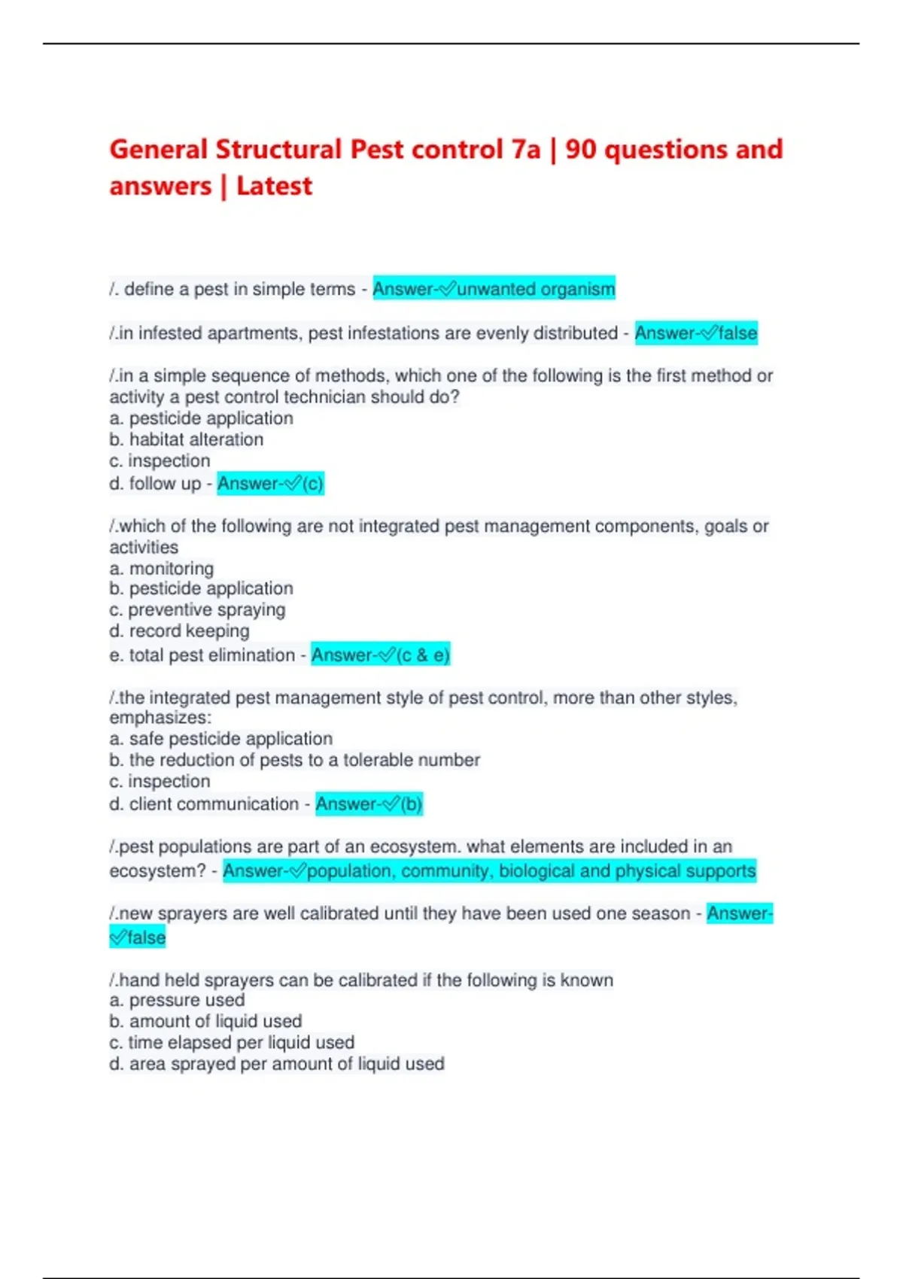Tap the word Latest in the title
(274, 186)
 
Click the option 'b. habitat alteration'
(187, 439)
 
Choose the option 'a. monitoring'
(162, 568)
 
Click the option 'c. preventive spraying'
(197, 609)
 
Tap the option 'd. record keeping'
(179, 630)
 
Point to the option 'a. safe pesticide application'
(220, 739)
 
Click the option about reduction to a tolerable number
(294, 760)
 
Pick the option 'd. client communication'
(204, 804)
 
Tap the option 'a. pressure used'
(177, 1000)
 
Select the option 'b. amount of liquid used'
(205, 1021)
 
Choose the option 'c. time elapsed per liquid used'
(232, 1042)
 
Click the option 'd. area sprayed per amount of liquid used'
(277, 1064)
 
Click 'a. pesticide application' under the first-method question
(201, 418)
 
